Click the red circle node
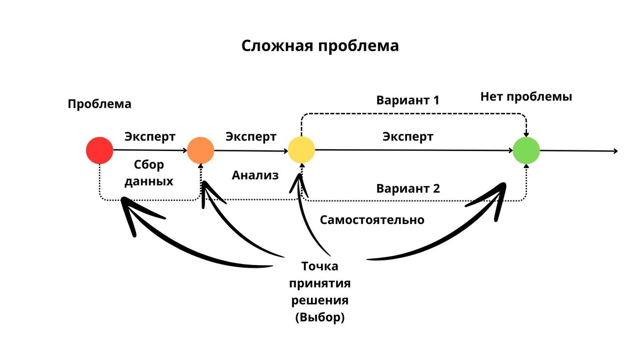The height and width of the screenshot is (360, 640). (x=100, y=150)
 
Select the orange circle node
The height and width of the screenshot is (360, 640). (x=201, y=150)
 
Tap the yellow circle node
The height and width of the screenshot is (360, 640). (x=301, y=150)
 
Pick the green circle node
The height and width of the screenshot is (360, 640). (x=526, y=150)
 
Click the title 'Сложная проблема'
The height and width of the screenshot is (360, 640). (x=320, y=46)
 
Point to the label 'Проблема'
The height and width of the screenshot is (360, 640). (x=99, y=104)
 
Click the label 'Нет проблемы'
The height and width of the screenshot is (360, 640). (x=526, y=97)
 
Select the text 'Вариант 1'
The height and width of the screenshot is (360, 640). (x=407, y=100)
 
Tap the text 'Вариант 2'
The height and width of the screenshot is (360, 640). (x=407, y=188)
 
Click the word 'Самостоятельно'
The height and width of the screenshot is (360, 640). (x=372, y=220)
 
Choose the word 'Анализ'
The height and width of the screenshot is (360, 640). (x=255, y=175)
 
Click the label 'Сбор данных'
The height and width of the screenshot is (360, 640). (x=149, y=172)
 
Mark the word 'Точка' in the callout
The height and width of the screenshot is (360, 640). (x=319, y=266)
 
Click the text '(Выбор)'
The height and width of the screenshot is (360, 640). (x=319, y=317)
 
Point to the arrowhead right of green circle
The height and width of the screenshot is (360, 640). (x=615, y=151)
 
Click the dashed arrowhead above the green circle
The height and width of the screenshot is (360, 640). (x=526, y=134)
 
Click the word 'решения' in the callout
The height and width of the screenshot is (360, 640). (x=319, y=300)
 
